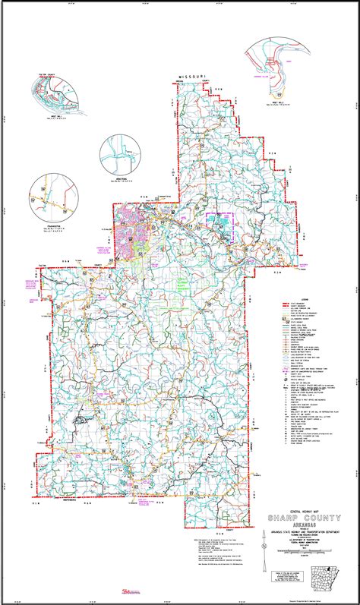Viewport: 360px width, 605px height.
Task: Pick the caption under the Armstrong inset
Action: point(120,184)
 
